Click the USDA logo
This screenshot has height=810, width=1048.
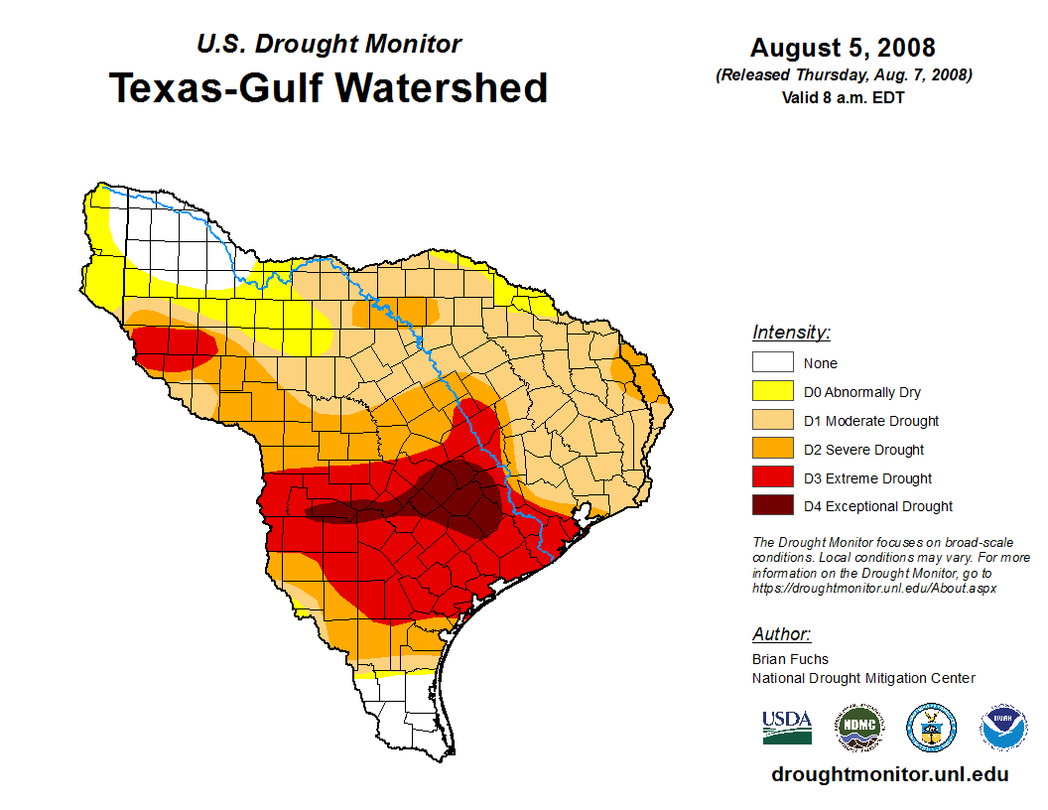tap(787, 728)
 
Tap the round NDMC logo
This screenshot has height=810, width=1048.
tap(857, 728)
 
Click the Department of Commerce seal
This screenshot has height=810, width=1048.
tap(931, 728)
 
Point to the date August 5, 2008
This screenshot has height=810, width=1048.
tap(843, 48)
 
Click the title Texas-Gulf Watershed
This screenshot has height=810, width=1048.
tap(328, 87)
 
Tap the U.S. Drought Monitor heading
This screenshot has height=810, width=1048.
tap(329, 44)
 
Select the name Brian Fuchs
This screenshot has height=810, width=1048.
tap(790, 659)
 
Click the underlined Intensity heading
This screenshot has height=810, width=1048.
tap(791, 333)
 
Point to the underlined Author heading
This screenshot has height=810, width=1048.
tap(781, 634)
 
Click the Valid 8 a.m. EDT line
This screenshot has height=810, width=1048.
tap(843, 97)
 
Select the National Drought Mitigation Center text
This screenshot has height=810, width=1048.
tap(863, 678)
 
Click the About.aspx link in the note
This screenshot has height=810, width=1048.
tap(873, 588)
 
